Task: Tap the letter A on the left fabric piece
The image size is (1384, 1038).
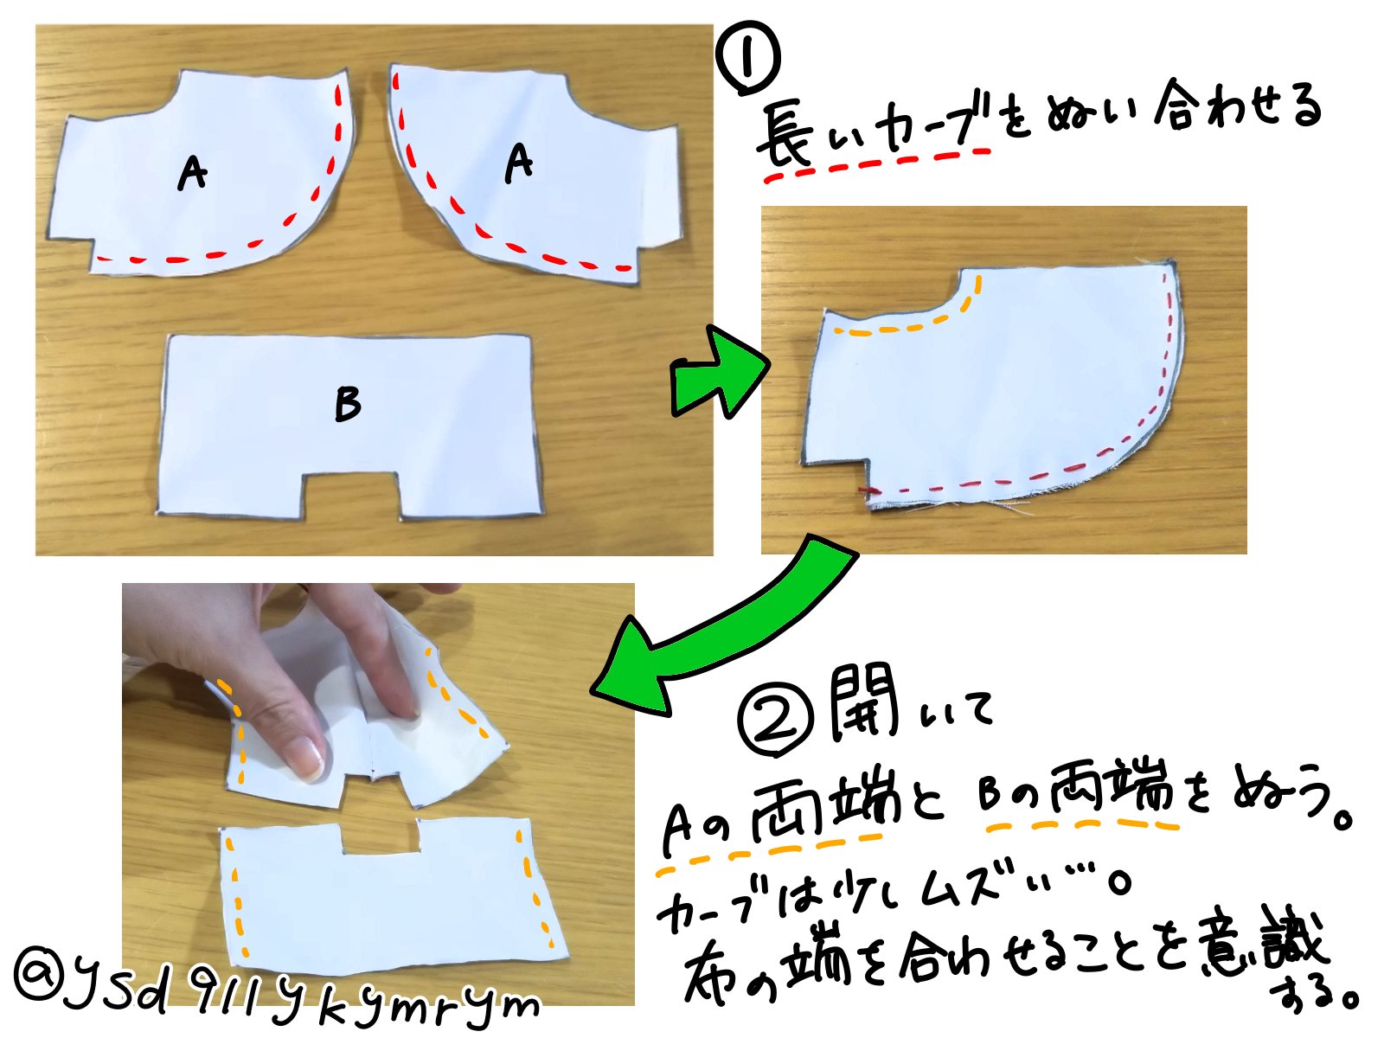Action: [192, 172]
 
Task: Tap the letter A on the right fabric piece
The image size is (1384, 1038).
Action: [518, 162]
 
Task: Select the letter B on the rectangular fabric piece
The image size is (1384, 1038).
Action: [347, 403]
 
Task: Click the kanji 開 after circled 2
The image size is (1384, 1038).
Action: [862, 705]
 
